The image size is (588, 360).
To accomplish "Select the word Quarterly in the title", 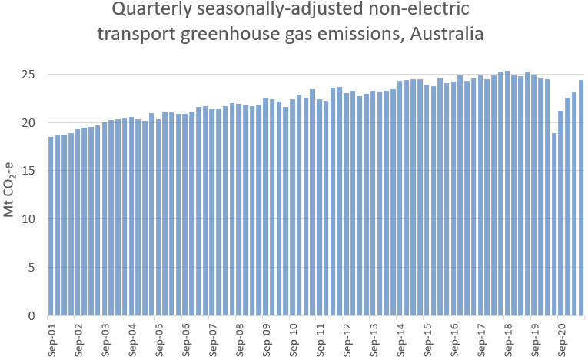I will tap(149, 11).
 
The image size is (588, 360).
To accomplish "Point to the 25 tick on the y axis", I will tap(29, 75).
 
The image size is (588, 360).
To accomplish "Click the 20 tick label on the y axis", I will tap(29, 123).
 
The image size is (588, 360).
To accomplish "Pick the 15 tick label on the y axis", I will tap(29, 171).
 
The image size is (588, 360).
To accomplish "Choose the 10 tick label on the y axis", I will tap(29, 219).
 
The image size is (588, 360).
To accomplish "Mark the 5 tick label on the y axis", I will tap(32, 268).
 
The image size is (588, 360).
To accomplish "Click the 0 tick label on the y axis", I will tap(32, 315).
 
